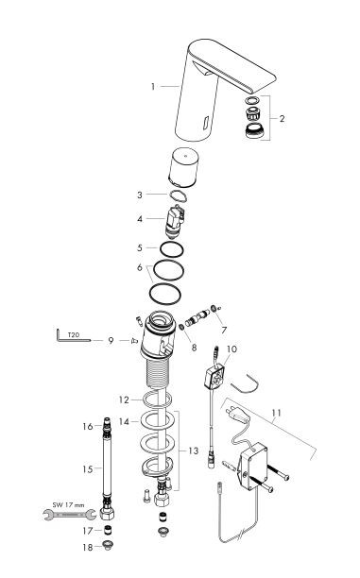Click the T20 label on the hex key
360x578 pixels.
tap(73, 333)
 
